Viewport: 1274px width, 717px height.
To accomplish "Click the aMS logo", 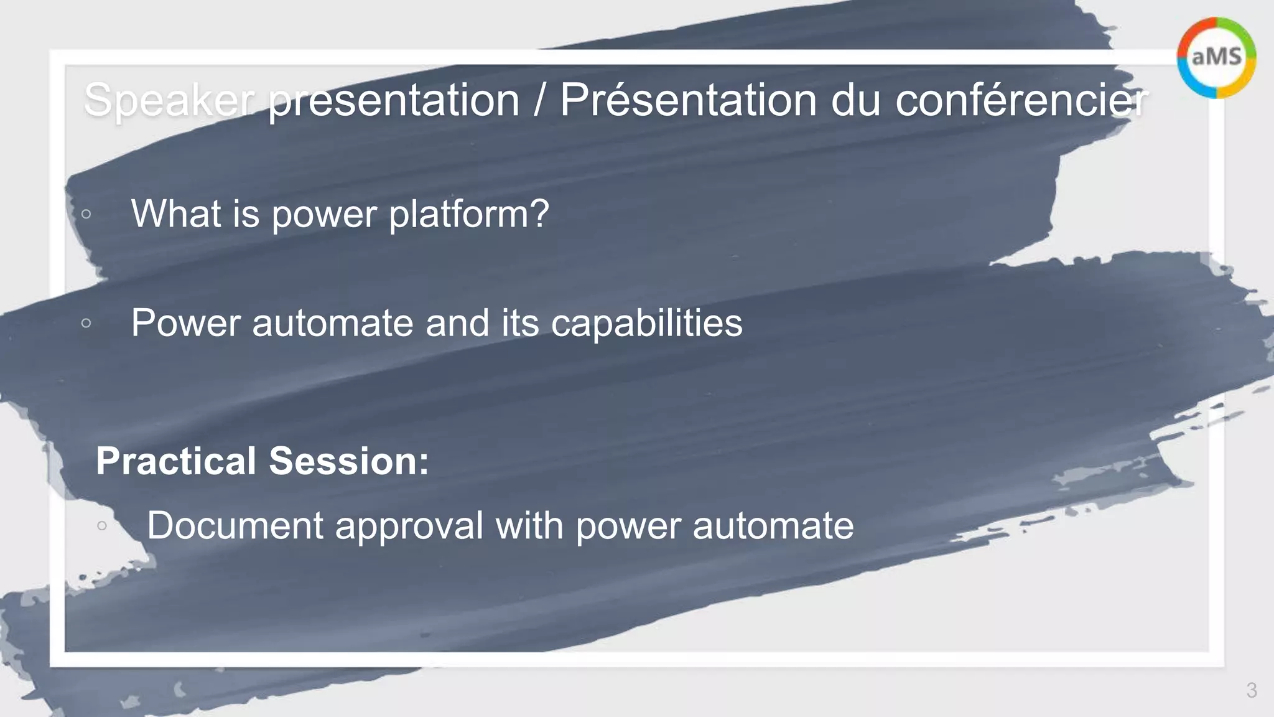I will pyautogui.click(x=1216, y=57).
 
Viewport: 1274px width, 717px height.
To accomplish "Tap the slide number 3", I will pyautogui.click(x=1252, y=690).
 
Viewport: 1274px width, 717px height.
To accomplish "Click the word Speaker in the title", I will pyautogui.click(x=169, y=100).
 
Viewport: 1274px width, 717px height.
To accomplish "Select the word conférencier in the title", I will pyautogui.click(x=1021, y=100).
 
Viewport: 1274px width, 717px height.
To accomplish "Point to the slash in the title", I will pyautogui.click(x=539, y=100).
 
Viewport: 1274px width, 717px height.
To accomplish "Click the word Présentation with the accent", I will pyautogui.click(x=688, y=100).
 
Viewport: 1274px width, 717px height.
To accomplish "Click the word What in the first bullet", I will pyautogui.click(x=176, y=213).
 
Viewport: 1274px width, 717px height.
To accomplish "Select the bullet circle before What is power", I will pyautogui.click(x=86, y=214).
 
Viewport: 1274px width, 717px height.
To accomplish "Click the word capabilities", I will pyautogui.click(x=646, y=323).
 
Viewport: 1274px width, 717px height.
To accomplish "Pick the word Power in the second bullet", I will pyautogui.click(x=185, y=323).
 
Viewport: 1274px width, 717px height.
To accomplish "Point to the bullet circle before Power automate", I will pyautogui.click(x=86, y=323).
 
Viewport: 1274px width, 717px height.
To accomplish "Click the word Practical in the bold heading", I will pyautogui.click(x=176, y=461).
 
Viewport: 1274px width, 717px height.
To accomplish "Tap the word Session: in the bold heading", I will pyautogui.click(x=349, y=461).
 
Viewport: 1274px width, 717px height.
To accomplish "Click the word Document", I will pyautogui.click(x=235, y=525).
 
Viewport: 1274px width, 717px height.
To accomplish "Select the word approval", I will pyautogui.click(x=409, y=527).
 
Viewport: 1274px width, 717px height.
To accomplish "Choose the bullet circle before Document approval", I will pyautogui.click(x=102, y=526).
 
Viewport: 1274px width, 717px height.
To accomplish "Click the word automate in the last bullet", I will pyautogui.click(x=773, y=527).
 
